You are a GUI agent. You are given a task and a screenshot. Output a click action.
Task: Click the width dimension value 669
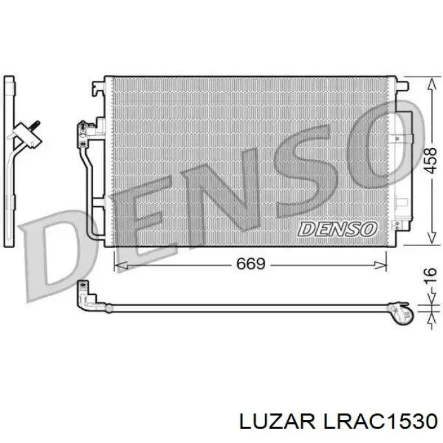click(250, 263)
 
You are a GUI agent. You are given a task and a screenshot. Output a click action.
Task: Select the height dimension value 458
click(430, 161)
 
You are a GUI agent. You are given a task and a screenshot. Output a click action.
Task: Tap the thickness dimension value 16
click(430, 275)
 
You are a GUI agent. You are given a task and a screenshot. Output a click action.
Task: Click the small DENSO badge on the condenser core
click(337, 229)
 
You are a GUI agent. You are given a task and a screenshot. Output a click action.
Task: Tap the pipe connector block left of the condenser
click(82, 131)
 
